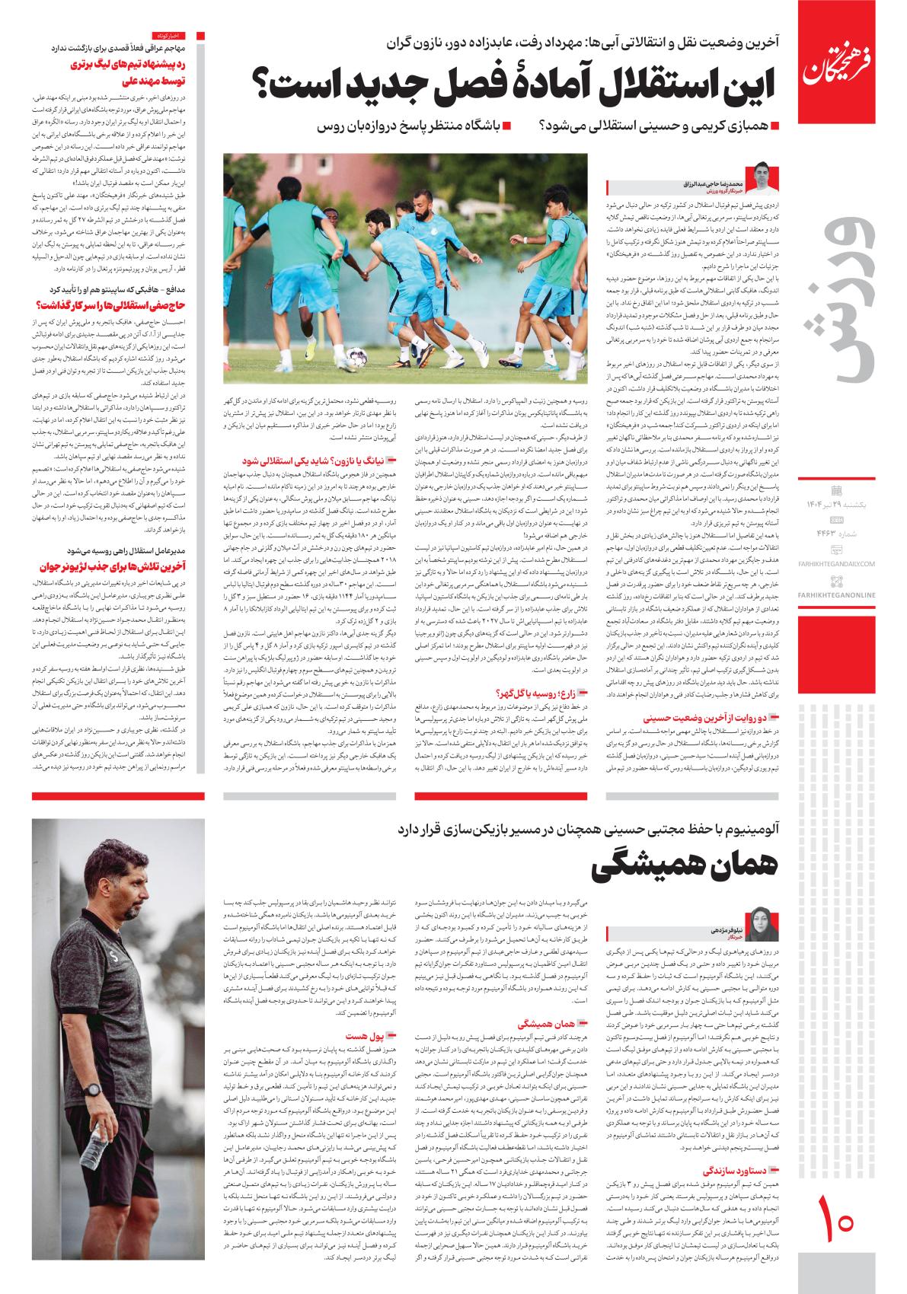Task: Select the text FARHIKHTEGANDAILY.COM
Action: [836, 563]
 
